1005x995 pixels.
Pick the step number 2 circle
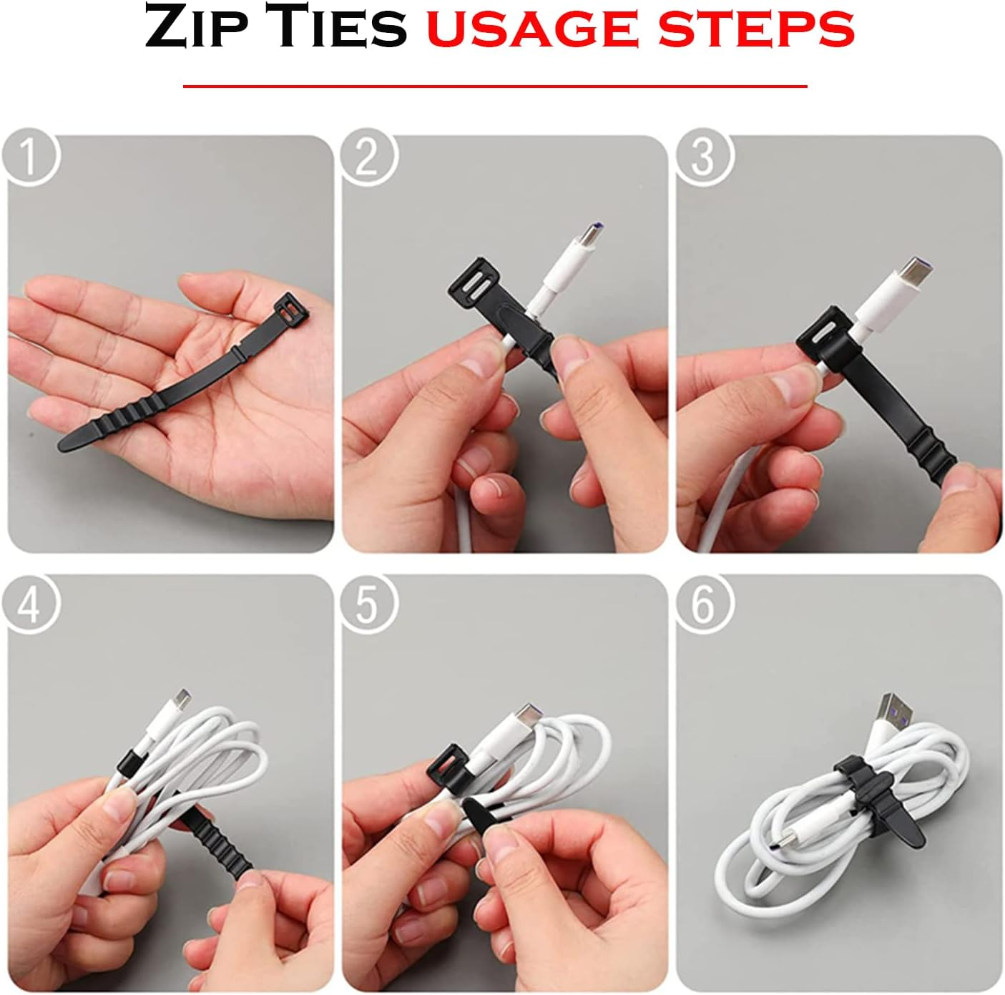click(367, 157)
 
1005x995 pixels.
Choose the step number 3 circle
click(704, 157)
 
